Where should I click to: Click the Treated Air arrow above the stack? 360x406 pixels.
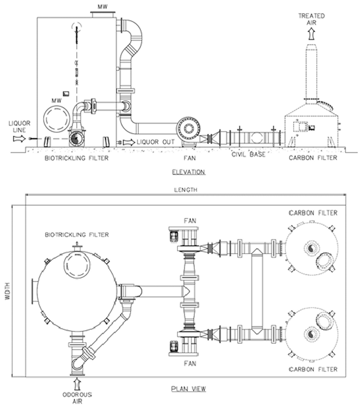point(312,33)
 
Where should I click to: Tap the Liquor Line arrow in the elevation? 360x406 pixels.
point(20,139)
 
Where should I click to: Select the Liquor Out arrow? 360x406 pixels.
point(129,142)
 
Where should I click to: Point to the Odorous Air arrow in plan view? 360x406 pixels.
point(77,383)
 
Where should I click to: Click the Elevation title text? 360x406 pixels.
point(189,172)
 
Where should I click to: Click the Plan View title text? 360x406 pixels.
point(189,389)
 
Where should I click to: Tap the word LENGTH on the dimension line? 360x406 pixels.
point(186,190)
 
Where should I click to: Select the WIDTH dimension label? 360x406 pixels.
point(8,291)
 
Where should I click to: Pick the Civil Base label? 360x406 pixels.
point(248,154)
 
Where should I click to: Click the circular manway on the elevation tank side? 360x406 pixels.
point(57,118)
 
